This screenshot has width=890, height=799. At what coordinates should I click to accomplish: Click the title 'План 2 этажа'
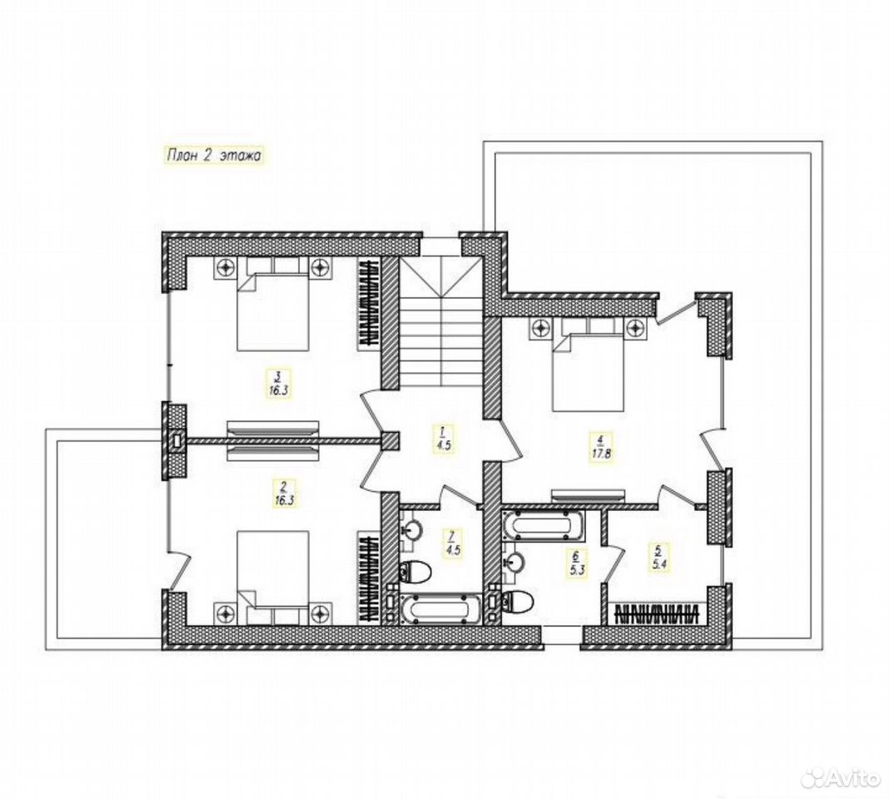click(x=213, y=155)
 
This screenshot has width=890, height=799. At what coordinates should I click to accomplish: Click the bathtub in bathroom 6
click(x=542, y=524)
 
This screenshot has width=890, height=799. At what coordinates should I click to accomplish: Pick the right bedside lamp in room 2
click(x=321, y=613)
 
